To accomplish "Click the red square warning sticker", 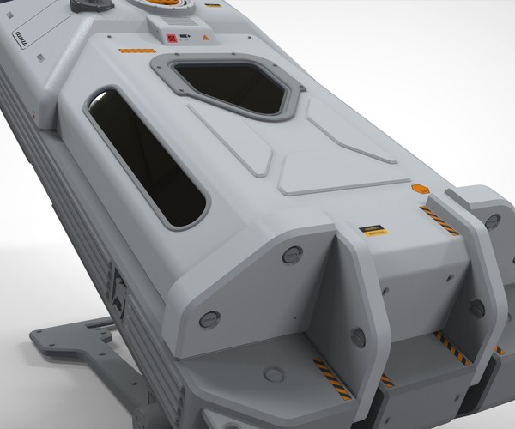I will [x=171, y=38].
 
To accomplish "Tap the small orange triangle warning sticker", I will [x=206, y=39].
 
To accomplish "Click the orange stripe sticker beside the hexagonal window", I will [x=136, y=51].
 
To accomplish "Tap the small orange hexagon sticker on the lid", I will [x=418, y=189].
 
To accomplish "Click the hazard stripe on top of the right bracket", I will [x=439, y=221].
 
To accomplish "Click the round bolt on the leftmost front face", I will [x=209, y=320].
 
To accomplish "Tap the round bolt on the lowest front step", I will [x=274, y=374].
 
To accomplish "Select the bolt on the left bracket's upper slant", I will [x=292, y=255].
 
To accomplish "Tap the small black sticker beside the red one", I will [x=184, y=38].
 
